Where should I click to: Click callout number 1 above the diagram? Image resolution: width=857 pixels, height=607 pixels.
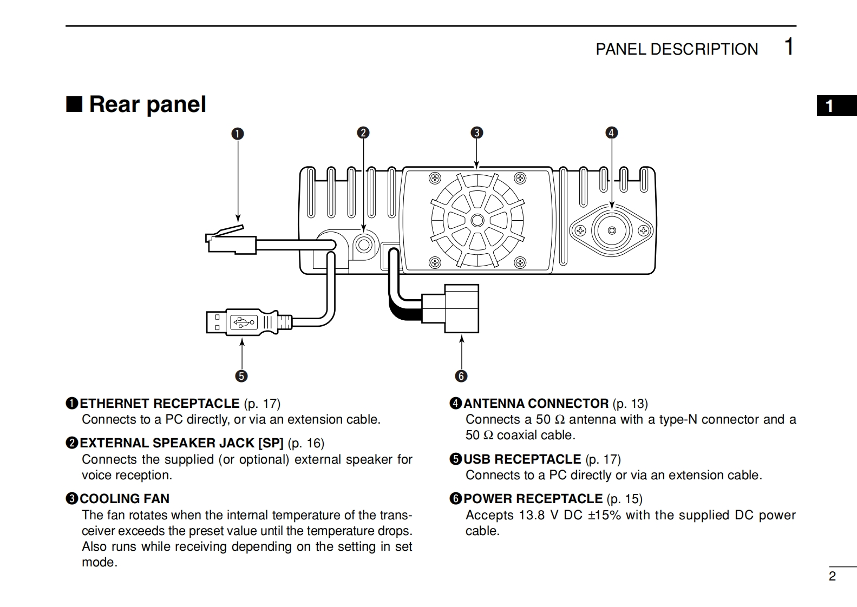tap(238, 134)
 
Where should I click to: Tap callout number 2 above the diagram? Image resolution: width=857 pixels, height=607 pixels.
tap(363, 133)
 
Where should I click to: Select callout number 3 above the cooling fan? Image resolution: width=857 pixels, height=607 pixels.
tap(477, 133)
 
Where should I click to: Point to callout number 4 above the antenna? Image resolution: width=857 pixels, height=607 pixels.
tap(611, 133)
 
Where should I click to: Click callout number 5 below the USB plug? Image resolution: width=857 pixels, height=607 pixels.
tap(241, 376)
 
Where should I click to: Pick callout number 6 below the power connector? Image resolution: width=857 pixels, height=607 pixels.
tap(461, 376)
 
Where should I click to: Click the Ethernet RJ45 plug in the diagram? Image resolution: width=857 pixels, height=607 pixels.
tap(231, 240)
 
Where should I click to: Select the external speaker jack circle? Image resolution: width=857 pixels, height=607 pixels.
tap(363, 245)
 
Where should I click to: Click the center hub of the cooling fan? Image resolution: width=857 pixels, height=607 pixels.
tap(477, 220)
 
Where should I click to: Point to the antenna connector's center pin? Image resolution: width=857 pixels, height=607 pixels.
tap(612, 230)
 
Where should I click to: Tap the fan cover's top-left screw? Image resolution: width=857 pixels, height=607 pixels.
tap(435, 178)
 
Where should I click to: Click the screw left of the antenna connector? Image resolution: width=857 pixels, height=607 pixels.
tap(580, 230)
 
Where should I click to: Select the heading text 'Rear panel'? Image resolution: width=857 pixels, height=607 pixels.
tap(147, 104)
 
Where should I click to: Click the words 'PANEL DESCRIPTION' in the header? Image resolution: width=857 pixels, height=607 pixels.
tap(677, 49)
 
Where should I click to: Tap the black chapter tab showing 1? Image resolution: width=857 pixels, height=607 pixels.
tap(837, 105)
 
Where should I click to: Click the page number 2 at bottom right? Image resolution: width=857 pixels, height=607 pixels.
tap(832, 576)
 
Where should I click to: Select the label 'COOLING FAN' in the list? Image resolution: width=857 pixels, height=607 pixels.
tap(125, 498)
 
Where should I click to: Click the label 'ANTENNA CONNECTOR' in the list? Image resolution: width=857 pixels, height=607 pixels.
tap(536, 403)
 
